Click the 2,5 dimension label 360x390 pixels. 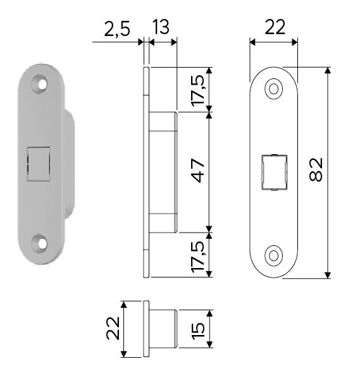pos(117,30)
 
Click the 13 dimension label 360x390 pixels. pos(161,27)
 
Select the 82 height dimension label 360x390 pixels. pos(316,169)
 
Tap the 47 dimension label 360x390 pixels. pos(198,171)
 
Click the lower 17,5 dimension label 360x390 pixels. pos(198,257)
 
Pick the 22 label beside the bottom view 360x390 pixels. pos(113,328)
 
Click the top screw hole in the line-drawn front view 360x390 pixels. pos(273,88)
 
